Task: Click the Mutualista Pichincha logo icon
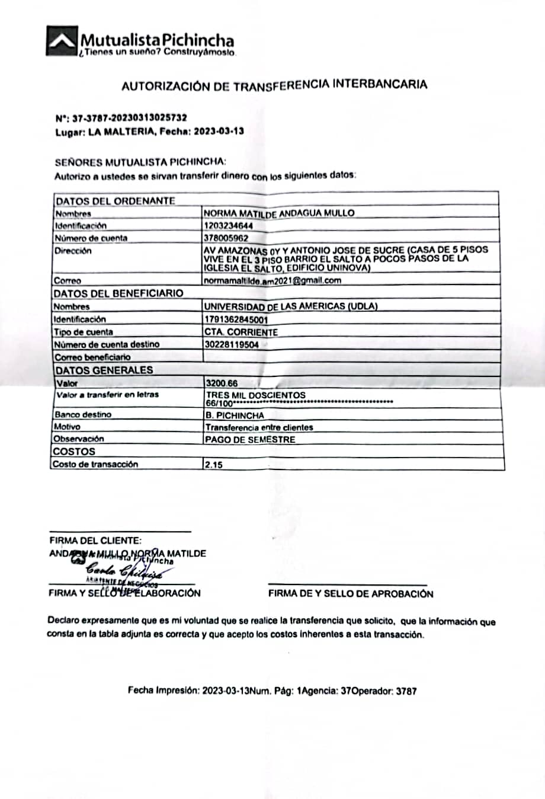(62, 40)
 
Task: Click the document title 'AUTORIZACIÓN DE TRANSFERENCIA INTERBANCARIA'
(274, 85)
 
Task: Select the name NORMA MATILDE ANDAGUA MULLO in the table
(279, 213)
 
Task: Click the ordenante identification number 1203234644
(228, 225)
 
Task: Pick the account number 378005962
(226, 238)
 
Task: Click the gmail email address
(272, 280)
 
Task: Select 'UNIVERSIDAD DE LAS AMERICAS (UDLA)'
(290, 306)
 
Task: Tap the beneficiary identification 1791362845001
(235, 319)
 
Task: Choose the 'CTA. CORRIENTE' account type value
(241, 332)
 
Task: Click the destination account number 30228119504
(231, 344)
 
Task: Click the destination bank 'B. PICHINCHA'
(235, 416)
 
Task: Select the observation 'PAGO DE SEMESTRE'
(250, 440)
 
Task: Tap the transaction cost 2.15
(214, 465)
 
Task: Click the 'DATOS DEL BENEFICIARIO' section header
(118, 293)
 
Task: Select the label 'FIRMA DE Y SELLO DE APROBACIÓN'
(351, 593)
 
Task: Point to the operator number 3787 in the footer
(406, 691)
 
